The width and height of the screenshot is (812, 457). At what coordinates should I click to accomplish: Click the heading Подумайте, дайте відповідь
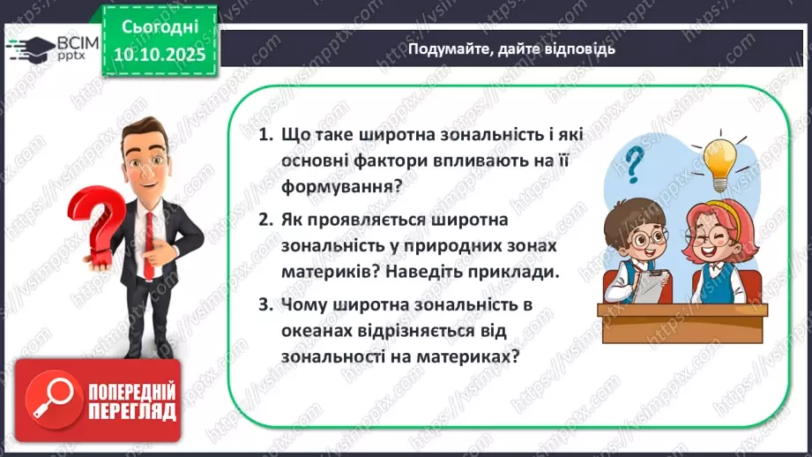click(510, 49)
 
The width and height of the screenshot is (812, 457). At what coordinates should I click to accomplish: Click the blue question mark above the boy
click(633, 164)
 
